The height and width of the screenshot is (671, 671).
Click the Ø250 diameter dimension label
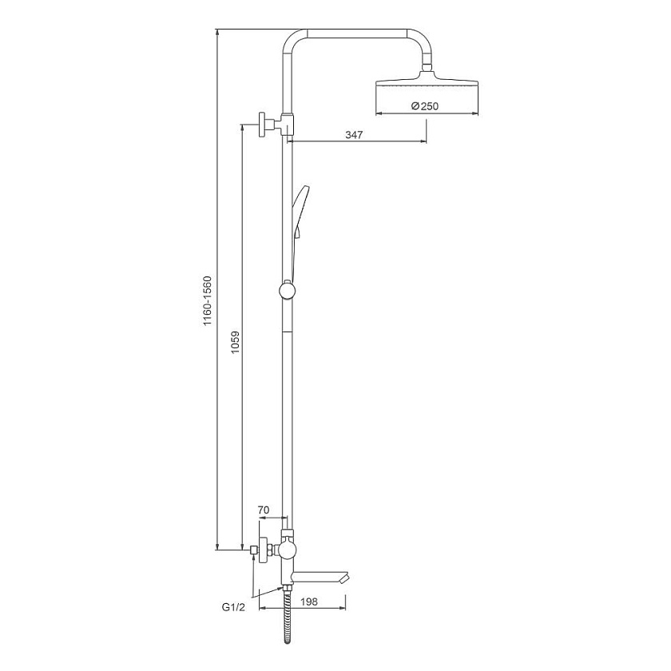[424, 105]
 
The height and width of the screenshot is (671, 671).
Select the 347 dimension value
[354, 135]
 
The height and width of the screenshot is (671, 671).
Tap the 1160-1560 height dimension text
[208, 301]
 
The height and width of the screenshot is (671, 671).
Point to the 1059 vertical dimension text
[235, 342]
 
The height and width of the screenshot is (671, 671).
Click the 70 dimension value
[264, 510]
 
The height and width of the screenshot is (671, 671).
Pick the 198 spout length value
[309, 602]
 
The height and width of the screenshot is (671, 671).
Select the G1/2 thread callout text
[233, 607]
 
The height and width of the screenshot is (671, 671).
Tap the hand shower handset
[299, 223]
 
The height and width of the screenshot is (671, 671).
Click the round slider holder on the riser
[287, 290]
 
